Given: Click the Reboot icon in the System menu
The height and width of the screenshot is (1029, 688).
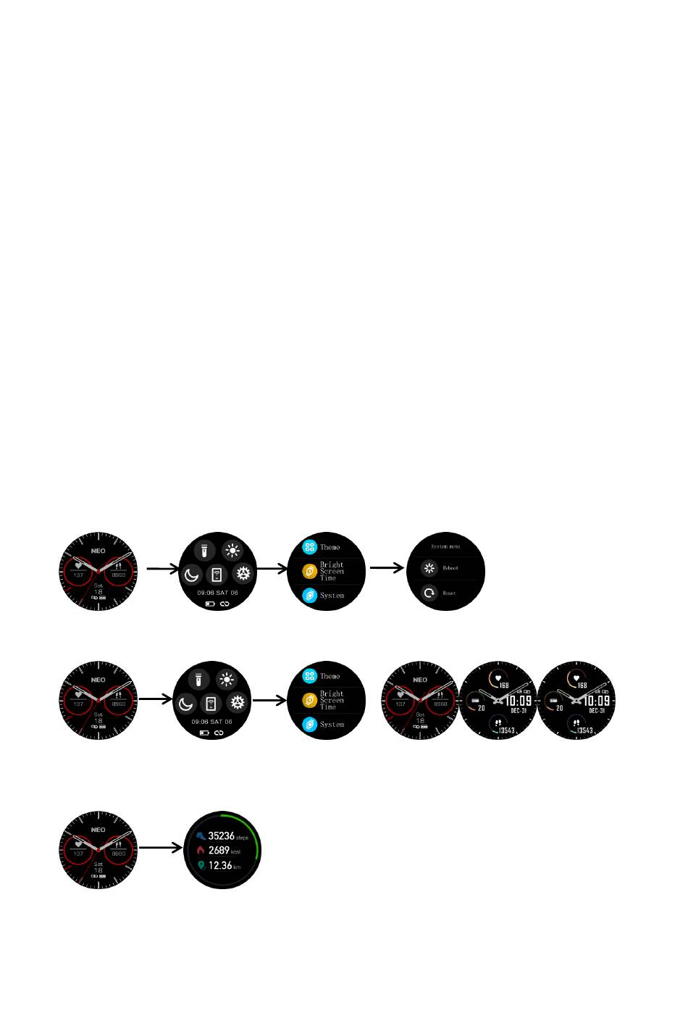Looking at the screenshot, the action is pyautogui.click(x=429, y=568).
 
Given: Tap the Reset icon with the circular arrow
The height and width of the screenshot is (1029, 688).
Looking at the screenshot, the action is pyautogui.click(x=429, y=593).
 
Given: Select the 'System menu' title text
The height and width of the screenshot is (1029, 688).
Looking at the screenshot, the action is pyautogui.click(x=445, y=546).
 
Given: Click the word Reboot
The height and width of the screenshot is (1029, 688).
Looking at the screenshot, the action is pyautogui.click(x=450, y=568).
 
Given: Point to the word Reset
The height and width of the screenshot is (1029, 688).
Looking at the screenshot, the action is pyautogui.click(x=449, y=593).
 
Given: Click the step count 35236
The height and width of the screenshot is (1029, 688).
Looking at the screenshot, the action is pyautogui.click(x=221, y=836).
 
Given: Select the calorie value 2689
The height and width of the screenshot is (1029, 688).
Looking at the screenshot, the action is pyautogui.click(x=219, y=851).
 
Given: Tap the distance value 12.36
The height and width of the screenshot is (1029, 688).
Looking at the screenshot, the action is pyautogui.click(x=220, y=865).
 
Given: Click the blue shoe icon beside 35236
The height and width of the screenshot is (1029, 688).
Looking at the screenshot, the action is pyautogui.click(x=201, y=836).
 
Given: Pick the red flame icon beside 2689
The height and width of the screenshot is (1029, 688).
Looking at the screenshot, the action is pyautogui.click(x=201, y=851).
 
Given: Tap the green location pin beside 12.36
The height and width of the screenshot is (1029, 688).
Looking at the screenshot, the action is pyautogui.click(x=201, y=865).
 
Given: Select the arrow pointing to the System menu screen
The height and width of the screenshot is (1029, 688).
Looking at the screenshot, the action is pyautogui.click(x=386, y=568).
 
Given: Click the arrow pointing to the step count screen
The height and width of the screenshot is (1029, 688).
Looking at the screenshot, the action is pyautogui.click(x=160, y=847).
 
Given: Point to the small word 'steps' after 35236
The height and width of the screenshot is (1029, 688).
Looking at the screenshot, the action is pyautogui.click(x=242, y=838).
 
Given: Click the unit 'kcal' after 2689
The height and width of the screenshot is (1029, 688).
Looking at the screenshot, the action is pyautogui.click(x=235, y=852).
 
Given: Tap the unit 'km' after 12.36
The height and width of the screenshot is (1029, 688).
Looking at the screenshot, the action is pyautogui.click(x=237, y=867).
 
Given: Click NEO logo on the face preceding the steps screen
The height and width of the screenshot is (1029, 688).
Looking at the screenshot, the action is pyautogui.click(x=98, y=830).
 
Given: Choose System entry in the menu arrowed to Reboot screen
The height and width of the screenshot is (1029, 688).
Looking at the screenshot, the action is pyautogui.click(x=332, y=596).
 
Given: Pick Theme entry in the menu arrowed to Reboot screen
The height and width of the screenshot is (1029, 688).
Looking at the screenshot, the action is pyautogui.click(x=330, y=547).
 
